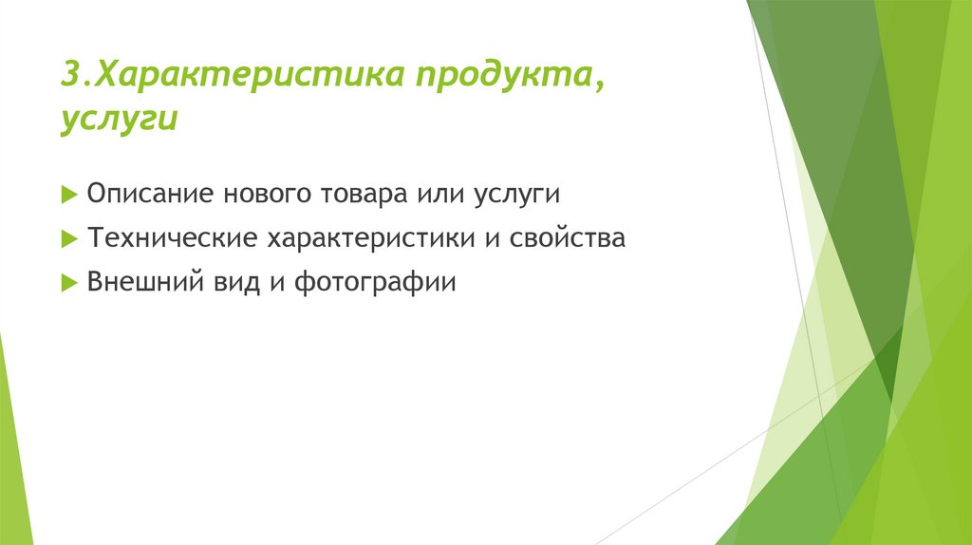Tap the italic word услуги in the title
[119, 122]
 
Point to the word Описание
[151, 194]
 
